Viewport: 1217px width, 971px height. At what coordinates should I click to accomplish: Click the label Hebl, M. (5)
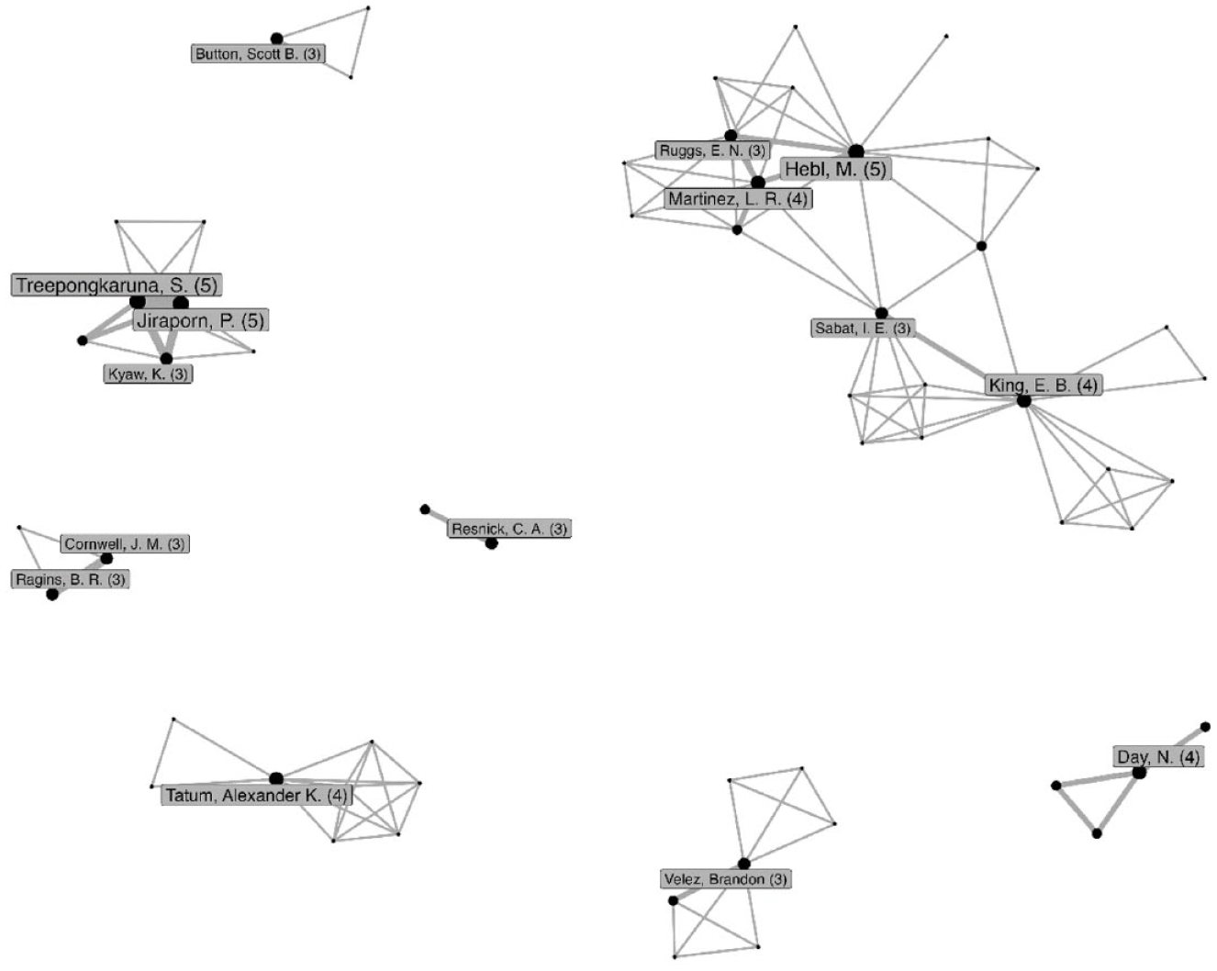tap(836, 169)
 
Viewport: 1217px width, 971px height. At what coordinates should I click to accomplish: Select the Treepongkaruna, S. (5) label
tap(117, 285)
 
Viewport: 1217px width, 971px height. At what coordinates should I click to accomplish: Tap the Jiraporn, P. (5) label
tap(201, 320)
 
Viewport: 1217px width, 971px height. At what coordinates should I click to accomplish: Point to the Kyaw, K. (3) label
tap(148, 374)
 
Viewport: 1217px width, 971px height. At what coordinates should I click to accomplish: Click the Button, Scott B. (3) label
tap(258, 54)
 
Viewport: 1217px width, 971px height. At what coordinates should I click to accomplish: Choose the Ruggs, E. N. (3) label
tap(712, 151)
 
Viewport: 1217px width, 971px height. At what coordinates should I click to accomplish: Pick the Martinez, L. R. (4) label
tap(738, 199)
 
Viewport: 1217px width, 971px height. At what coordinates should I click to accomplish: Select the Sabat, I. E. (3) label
tap(863, 328)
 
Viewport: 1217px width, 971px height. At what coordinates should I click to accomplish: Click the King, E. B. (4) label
tap(1044, 385)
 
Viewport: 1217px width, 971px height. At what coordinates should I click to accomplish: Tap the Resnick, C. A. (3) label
tap(509, 529)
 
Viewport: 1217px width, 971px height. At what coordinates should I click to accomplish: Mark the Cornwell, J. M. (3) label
tap(125, 544)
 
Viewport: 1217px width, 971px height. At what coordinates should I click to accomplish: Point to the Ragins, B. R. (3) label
tap(70, 579)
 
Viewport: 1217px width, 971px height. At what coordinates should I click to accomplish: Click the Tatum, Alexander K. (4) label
tap(257, 795)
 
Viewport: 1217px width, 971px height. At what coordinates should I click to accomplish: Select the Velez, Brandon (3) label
tap(726, 879)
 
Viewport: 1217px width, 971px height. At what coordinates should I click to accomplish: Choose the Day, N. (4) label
tap(1158, 756)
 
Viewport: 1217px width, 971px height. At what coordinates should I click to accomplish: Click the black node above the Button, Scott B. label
tap(276, 39)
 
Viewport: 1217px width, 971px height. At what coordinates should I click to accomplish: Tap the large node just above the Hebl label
tap(856, 151)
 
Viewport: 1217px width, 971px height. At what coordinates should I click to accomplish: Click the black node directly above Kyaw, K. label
tap(166, 359)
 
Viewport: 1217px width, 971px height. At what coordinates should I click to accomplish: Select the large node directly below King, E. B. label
tap(1023, 401)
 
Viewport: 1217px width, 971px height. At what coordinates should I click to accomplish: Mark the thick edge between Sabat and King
tap(950, 355)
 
